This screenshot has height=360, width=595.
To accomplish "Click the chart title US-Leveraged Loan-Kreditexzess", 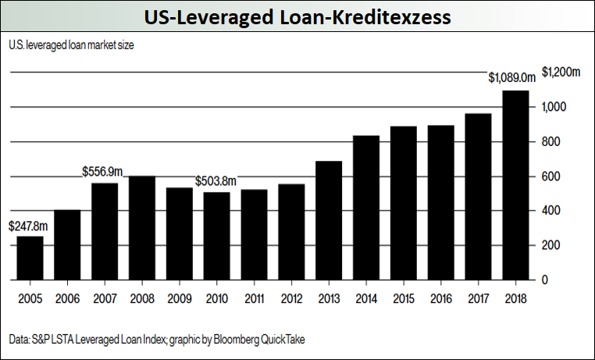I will (x=297, y=17).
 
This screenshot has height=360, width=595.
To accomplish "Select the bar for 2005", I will (x=30, y=258).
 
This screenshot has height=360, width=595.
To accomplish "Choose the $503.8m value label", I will (x=216, y=181).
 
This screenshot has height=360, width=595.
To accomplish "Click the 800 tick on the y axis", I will (x=550, y=141).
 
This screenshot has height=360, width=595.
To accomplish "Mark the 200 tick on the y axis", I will (x=550, y=245).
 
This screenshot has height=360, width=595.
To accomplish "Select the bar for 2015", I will (x=403, y=203).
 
